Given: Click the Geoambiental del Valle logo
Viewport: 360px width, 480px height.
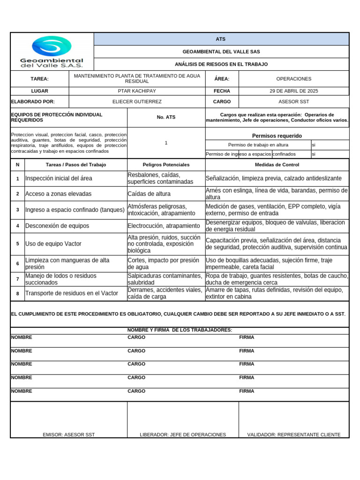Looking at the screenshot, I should click(x=52, y=52).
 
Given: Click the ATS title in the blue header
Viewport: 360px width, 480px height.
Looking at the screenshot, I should click(x=221, y=39).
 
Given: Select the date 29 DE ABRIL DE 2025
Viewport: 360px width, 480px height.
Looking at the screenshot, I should click(x=293, y=91).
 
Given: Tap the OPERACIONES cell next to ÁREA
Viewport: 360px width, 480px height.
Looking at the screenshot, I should click(x=293, y=79).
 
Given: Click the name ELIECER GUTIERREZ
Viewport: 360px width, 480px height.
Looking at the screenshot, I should click(x=137, y=102).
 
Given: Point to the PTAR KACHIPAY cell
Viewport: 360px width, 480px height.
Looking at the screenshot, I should click(x=137, y=91).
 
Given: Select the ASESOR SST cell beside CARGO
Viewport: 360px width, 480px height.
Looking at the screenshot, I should click(x=293, y=102).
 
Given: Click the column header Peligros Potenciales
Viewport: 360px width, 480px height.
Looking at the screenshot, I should click(x=166, y=165).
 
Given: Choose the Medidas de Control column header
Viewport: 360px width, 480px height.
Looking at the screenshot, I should click(x=277, y=165).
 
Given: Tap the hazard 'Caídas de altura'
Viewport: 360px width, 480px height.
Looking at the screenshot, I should click(x=149, y=194).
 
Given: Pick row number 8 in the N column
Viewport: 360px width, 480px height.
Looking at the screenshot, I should click(x=17, y=293).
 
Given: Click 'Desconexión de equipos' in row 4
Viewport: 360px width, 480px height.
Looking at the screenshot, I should click(x=57, y=226).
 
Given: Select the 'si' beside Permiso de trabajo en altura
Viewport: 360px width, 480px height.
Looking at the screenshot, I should click(x=314, y=145).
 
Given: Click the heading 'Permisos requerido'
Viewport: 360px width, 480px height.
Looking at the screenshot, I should click(x=277, y=136).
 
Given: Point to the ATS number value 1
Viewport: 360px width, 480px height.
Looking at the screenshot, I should click(x=166, y=143).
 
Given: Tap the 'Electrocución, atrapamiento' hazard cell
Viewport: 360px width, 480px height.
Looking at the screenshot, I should click(x=164, y=226).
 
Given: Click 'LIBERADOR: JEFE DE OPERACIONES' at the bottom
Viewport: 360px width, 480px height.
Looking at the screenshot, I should click(x=183, y=435).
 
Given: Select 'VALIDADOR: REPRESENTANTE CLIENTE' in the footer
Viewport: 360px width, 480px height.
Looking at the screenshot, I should click(x=294, y=435).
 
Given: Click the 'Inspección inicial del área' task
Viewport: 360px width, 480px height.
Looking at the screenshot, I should click(x=59, y=179).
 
